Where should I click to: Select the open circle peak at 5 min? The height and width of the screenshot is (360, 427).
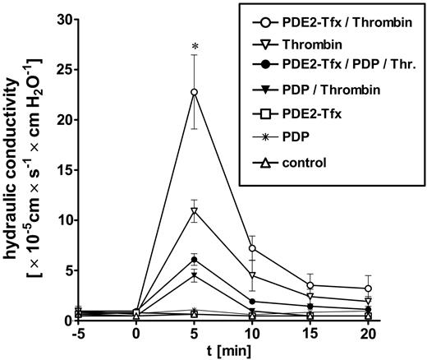coord(194,92)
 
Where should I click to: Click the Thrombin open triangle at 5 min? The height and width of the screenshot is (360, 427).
coord(194,211)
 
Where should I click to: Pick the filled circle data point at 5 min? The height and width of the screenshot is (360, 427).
coord(194,260)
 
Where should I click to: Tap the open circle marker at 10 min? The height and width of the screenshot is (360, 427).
coord(253,248)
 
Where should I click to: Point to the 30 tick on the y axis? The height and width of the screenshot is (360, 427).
coord(74,20)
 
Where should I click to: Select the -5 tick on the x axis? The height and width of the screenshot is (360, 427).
coord(79,337)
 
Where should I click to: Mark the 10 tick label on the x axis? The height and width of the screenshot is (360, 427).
coord(253,337)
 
